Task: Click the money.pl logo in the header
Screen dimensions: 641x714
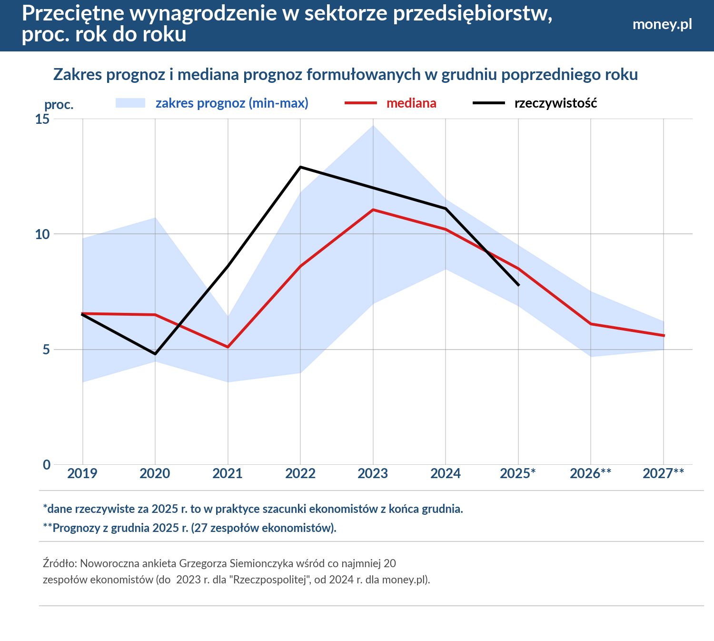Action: [662, 24]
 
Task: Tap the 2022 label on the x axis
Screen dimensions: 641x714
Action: [300, 473]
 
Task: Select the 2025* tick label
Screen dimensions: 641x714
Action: [517, 473]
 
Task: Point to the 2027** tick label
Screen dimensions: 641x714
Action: [663, 473]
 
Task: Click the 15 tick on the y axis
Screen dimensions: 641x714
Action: [42, 119]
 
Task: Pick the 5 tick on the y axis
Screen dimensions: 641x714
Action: [46, 350]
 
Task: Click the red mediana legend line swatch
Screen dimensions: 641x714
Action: [361, 103]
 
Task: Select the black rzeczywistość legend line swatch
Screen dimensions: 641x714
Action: [488, 103]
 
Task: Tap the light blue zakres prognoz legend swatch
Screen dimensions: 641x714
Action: [130, 103]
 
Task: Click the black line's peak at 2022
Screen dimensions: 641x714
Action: [300, 167]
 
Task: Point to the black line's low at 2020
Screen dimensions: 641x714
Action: [155, 354]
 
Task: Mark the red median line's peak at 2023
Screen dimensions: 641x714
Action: [373, 210]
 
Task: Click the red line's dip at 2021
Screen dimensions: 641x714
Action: [228, 347]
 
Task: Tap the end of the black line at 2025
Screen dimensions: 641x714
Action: [518, 285]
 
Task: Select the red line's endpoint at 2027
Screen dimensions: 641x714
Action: [664, 336]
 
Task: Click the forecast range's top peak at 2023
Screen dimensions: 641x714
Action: [373, 126]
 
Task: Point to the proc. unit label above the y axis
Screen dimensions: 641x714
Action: [59, 105]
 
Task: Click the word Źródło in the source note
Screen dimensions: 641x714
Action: [60, 563]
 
